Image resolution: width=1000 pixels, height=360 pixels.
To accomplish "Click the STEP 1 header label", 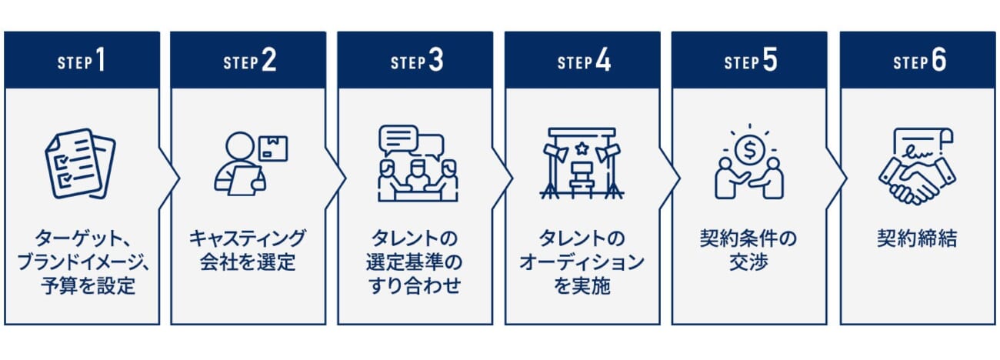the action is coord(82,61).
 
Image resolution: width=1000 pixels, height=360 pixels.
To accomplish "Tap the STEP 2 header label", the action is coord(249,61).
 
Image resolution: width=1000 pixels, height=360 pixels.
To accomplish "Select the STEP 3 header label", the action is coord(417,61).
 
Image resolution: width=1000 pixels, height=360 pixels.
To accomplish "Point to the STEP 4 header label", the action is coord(584,61).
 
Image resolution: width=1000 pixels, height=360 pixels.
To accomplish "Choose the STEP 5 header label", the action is coord(751,61).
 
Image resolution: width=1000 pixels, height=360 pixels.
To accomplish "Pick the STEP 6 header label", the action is coord(920,61).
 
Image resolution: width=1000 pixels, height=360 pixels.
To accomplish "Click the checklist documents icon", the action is coord(80,164).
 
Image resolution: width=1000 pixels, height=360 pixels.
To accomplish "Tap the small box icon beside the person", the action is coord(273,148).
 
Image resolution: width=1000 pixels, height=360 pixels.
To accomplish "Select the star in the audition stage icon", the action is coord(582,148).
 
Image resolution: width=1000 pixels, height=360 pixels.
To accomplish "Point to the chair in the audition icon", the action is coord(582,179).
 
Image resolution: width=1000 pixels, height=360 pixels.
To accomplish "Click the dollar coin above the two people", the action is coord(750,151).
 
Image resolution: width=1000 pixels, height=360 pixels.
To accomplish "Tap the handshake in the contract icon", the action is coord(917,181).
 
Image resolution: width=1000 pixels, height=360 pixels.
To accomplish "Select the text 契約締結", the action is coord(917,238).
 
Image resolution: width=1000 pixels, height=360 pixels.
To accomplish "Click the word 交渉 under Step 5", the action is coord(748,262).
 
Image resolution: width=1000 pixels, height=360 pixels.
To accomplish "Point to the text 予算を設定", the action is coord(88,286).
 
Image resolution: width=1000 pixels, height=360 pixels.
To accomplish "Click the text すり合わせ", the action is coord(415,286).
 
